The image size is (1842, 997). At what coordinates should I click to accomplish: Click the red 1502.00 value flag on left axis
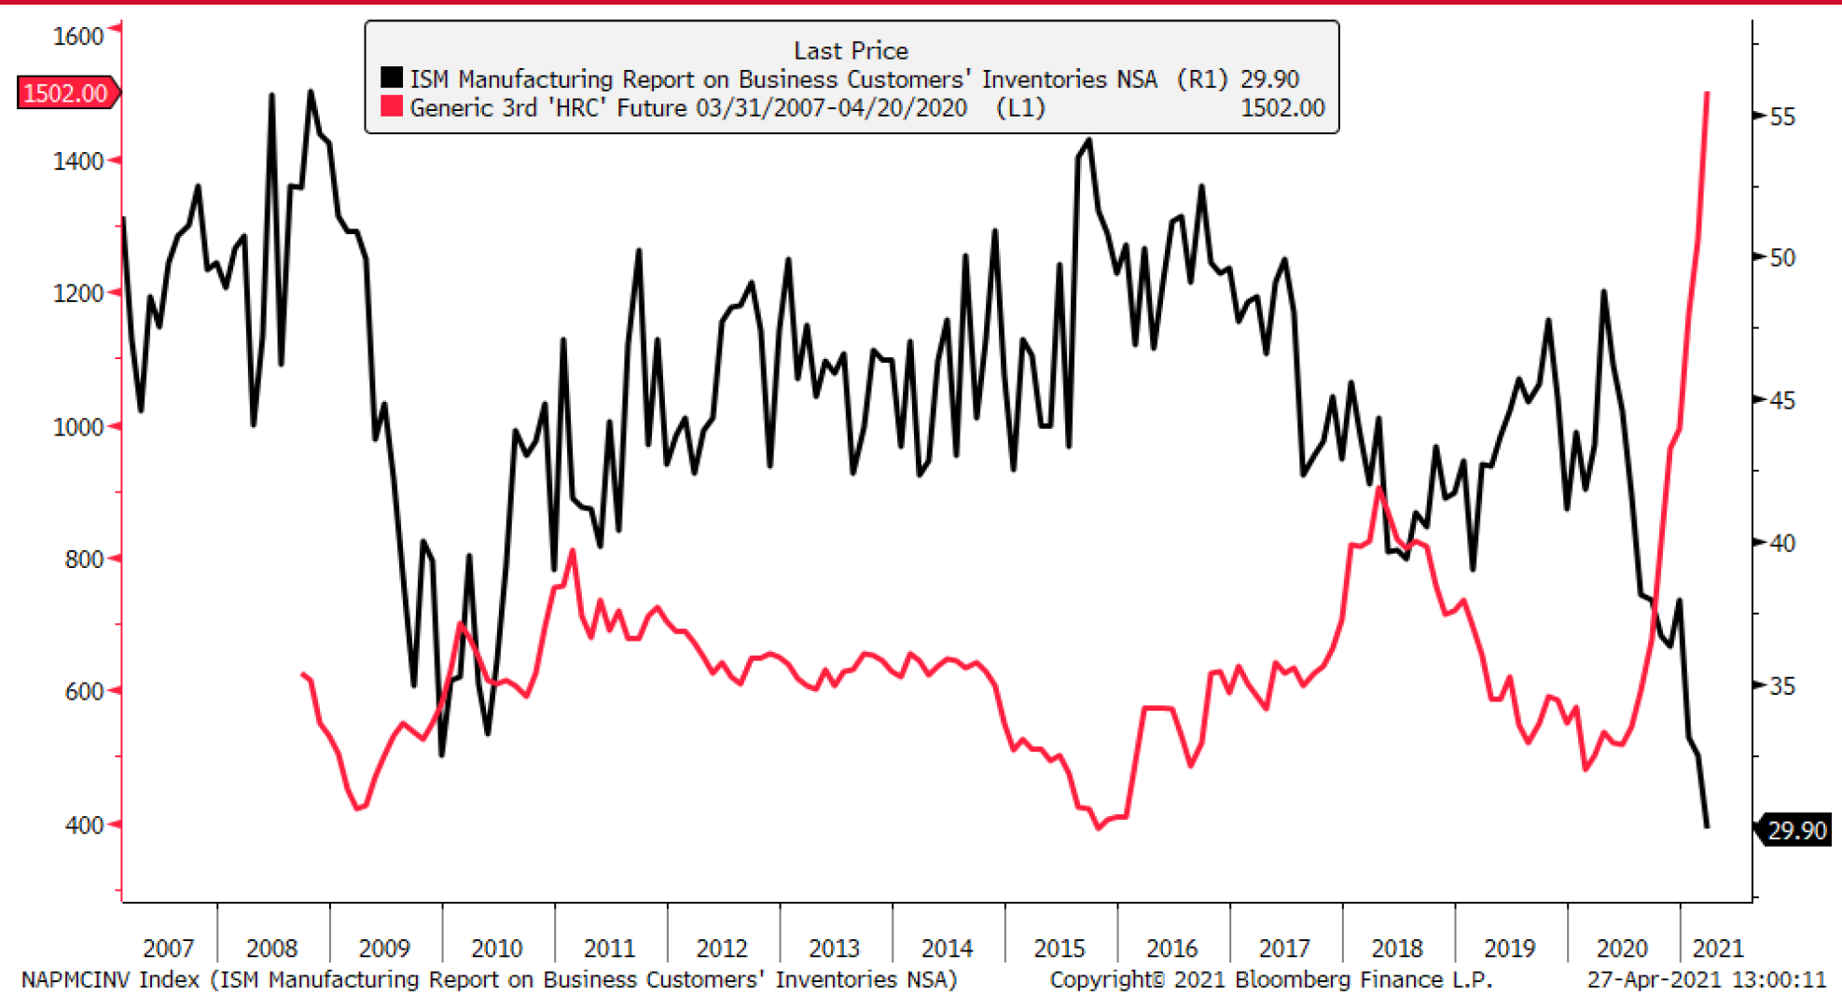click(65, 93)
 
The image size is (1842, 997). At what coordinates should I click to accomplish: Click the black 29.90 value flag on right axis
click(1796, 830)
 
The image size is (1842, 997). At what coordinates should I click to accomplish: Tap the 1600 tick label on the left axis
click(77, 36)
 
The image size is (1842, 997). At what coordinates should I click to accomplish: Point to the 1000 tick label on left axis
click(77, 427)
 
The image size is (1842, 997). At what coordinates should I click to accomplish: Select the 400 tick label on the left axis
click(83, 825)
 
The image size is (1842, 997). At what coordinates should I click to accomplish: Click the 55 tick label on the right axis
click(1782, 118)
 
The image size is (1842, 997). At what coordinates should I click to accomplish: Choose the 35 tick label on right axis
click(1782, 686)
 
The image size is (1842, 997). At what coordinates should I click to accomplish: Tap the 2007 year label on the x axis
click(168, 949)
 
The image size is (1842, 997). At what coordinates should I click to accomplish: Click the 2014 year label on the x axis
click(947, 949)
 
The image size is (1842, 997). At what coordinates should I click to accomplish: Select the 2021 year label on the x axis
click(1717, 949)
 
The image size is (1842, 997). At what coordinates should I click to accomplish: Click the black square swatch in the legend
click(392, 78)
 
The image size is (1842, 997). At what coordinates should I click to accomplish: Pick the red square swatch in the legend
click(392, 107)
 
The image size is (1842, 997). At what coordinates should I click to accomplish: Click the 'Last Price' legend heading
click(851, 50)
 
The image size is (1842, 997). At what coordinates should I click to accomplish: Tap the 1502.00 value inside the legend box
click(1282, 108)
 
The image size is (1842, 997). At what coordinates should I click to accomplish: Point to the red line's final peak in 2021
click(1708, 93)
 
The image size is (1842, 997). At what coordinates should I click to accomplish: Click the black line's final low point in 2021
click(1708, 826)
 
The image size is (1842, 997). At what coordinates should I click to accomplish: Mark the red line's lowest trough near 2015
click(1099, 827)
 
